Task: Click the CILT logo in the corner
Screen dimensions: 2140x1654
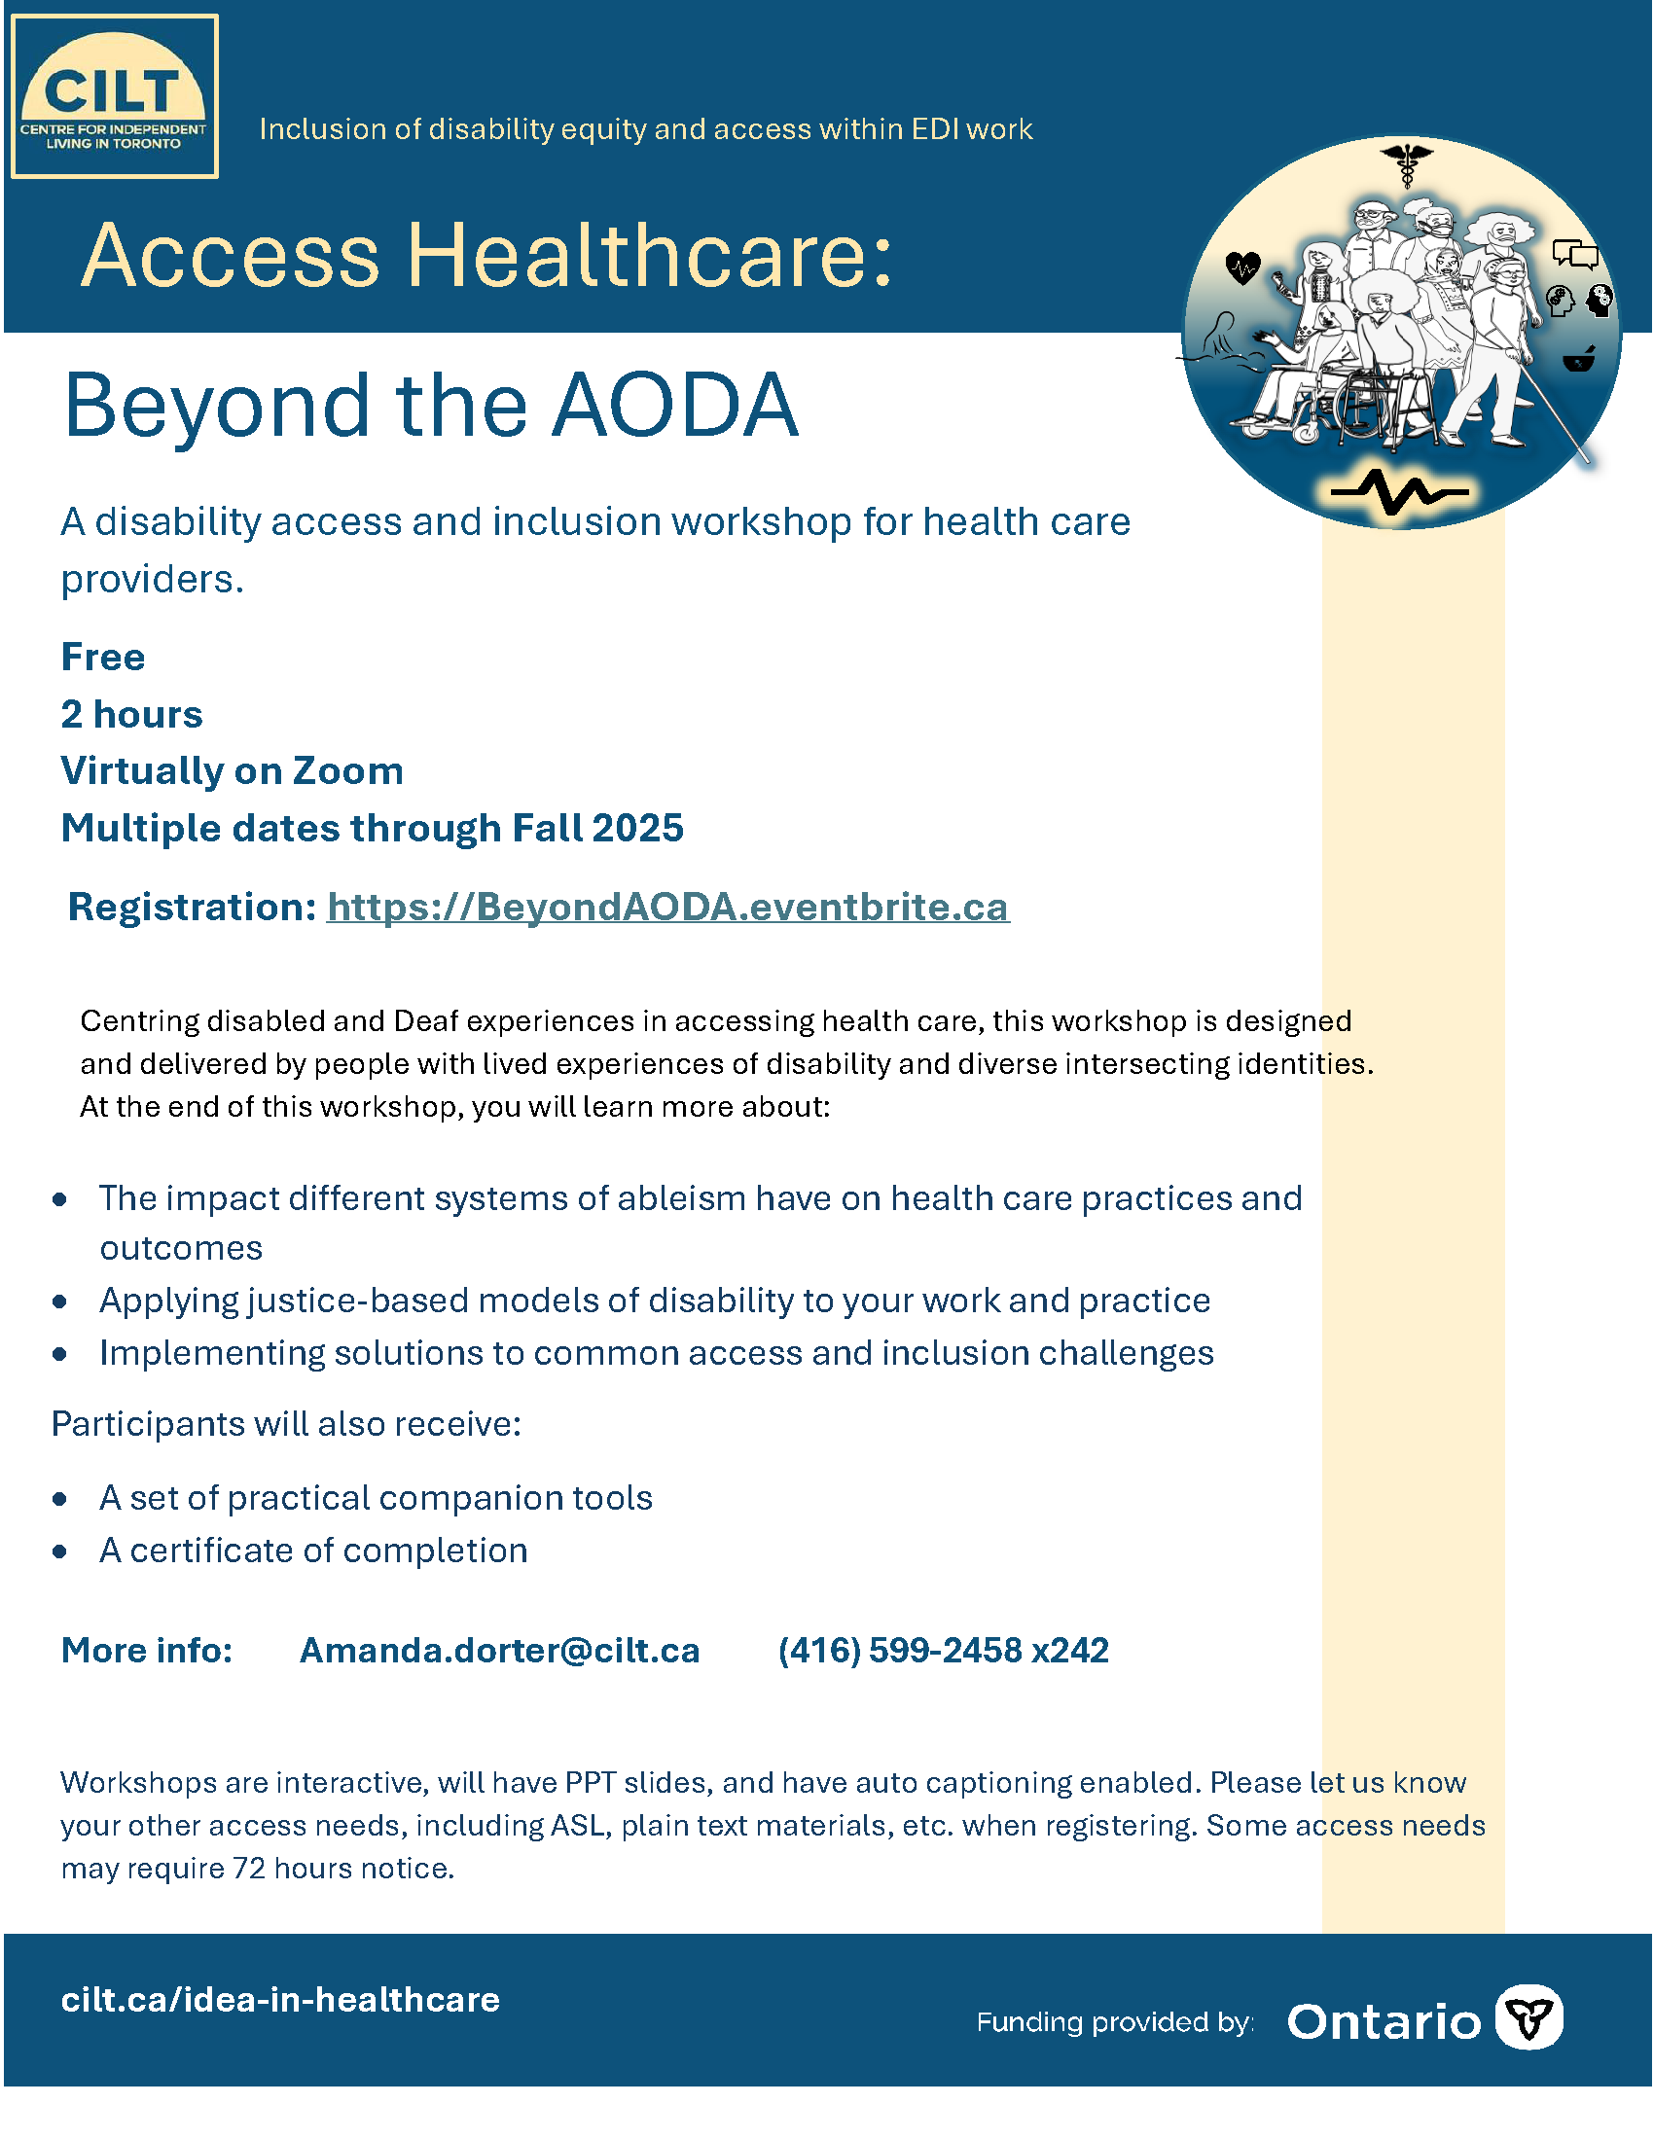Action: click(x=115, y=97)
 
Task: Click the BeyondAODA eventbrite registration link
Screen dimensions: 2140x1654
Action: click(x=667, y=908)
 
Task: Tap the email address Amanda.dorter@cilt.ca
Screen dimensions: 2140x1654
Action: click(x=500, y=1651)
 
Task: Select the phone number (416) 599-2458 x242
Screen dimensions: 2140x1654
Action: click(x=943, y=1651)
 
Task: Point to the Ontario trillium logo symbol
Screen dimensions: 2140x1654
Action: click(x=1528, y=2017)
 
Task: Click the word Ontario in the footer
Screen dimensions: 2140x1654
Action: click(x=1384, y=2021)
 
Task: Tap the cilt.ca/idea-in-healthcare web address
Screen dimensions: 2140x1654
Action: click(x=280, y=2000)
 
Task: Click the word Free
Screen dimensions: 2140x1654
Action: click(x=103, y=658)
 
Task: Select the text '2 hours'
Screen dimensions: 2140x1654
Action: click(x=131, y=714)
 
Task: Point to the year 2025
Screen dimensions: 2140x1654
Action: click(x=638, y=829)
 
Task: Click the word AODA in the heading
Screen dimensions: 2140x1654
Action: click(x=675, y=406)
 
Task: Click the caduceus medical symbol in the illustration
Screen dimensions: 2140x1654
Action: click(x=1407, y=164)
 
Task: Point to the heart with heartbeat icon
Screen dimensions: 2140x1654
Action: click(x=1242, y=267)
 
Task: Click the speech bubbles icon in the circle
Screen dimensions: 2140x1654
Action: click(x=1575, y=255)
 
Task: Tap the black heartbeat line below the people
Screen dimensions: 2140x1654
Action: click(x=1399, y=491)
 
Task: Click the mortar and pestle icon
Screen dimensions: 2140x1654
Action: click(x=1578, y=361)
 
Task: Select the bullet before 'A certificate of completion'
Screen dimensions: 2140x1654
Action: click(x=60, y=1552)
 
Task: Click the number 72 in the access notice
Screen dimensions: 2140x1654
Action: click(x=249, y=1869)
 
